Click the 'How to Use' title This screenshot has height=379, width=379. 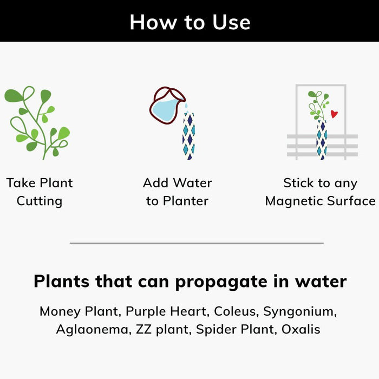point(190,22)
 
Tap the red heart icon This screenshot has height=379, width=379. point(334,114)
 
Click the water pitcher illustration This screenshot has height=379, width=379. point(167,105)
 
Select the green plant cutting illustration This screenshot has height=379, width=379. point(37,122)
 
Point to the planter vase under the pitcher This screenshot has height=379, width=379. point(188,136)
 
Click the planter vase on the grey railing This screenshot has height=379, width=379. point(322,140)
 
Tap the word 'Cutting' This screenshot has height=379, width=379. point(40,201)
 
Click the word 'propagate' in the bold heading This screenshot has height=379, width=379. point(221,282)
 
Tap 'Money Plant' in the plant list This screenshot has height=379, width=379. point(80,311)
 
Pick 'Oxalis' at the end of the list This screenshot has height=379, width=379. point(301,329)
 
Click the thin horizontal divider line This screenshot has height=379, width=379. point(197,243)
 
